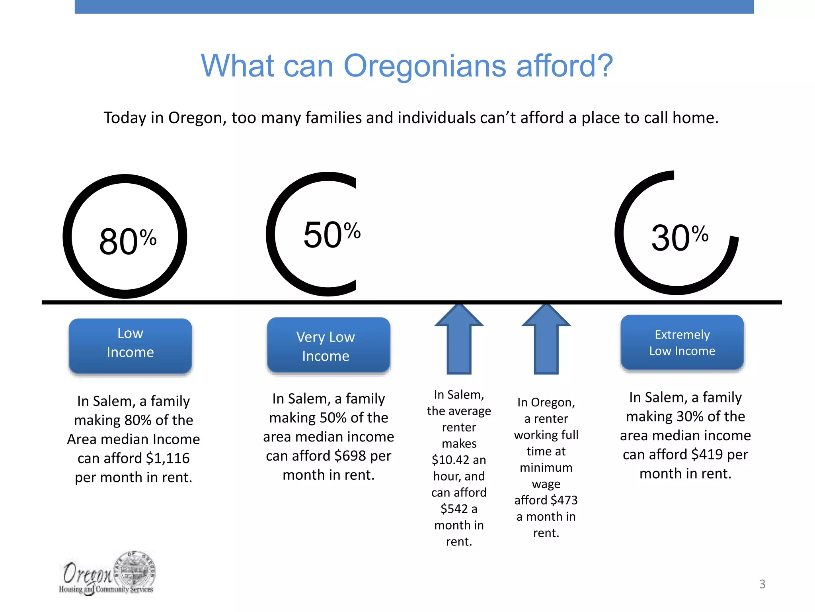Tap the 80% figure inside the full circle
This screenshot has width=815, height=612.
[127, 241]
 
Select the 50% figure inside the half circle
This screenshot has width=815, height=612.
[331, 234]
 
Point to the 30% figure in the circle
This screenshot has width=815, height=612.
[679, 237]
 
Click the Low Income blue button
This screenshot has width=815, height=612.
[130, 345]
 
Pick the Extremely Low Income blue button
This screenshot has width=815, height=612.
[682, 343]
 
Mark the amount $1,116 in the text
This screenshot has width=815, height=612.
[168, 458]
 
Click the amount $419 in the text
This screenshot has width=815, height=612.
[707, 455]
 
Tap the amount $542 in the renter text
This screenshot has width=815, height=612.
[454, 509]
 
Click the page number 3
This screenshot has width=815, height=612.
[762, 584]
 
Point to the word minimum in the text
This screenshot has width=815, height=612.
[546, 468]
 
